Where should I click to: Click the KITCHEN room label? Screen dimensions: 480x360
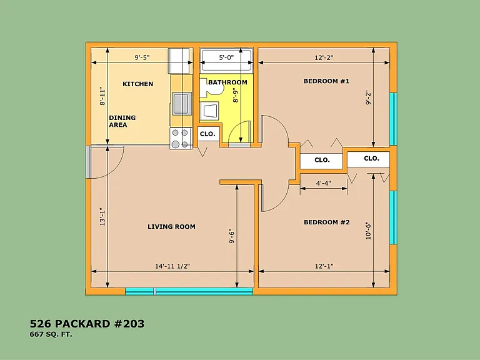tap(137, 84)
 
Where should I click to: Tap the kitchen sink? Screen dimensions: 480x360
tap(181, 104)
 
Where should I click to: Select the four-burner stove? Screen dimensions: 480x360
tap(180, 138)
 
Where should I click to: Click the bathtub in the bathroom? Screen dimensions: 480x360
tap(226, 60)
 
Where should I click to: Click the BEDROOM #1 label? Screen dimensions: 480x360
tap(326, 81)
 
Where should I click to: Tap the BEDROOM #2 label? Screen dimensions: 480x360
tap(327, 222)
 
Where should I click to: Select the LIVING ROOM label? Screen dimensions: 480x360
tap(171, 227)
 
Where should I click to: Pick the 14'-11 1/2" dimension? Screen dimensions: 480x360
tap(172, 266)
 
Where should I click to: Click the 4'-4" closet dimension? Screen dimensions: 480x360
tap(323, 183)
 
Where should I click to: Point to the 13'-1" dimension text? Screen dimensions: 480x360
tap(102, 217)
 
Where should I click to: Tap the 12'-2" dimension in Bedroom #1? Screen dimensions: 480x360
tap(324, 57)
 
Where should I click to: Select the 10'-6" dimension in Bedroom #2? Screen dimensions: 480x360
tap(368, 231)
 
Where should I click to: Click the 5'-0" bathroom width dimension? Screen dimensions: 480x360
tap(226, 57)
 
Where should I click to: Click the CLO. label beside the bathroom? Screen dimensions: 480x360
tap(207, 134)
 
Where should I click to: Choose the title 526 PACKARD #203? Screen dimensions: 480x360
tap(87, 324)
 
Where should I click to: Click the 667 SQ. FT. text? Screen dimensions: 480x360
tap(51, 334)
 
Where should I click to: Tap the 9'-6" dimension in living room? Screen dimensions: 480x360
tap(232, 237)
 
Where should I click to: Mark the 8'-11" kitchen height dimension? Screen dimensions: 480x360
tap(102, 97)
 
